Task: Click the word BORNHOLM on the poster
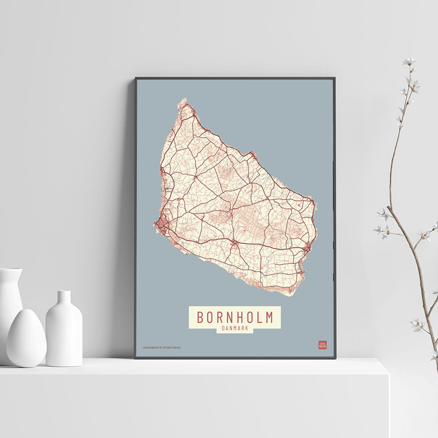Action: [x=235, y=317]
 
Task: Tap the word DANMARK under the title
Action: [x=235, y=329]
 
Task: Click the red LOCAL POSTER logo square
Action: [x=322, y=345]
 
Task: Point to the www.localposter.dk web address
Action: [x=153, y=347]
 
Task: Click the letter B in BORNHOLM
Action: [x=200, y=317]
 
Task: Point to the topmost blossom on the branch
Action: [x=409, y=61]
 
